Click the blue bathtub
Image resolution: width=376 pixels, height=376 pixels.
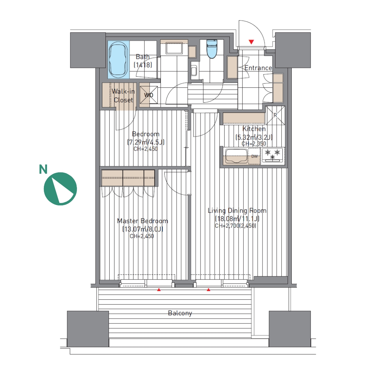(118, 60)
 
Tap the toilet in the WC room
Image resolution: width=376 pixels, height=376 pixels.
(211, 49)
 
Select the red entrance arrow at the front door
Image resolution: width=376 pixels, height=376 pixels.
(251, 42)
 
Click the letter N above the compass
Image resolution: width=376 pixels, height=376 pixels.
(43, 169)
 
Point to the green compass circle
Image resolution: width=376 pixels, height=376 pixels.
(60, 189)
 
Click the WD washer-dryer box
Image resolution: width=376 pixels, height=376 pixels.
(148, 95)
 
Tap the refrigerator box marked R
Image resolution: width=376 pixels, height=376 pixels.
(275, 115)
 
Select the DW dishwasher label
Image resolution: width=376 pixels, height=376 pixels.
(254, 156)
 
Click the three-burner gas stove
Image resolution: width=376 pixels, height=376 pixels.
(272, 155)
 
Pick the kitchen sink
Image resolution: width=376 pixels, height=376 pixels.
(236, 156)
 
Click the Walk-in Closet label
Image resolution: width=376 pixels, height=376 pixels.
(123, 95)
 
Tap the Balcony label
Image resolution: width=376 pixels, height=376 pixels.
(180, 313)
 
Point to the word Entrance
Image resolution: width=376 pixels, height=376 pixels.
(258, 68)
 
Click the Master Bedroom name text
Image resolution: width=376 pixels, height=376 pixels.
(142, 221)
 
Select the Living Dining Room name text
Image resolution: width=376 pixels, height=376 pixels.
(237, 211)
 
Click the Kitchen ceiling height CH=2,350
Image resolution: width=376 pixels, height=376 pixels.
(254, 144)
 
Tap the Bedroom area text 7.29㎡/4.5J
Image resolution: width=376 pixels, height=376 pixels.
(146, 142)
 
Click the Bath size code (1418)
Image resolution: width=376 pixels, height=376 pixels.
(143, 65)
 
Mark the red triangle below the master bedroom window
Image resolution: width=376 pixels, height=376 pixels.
(159, 290)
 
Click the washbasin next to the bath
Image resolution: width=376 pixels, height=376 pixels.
(174, 49)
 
